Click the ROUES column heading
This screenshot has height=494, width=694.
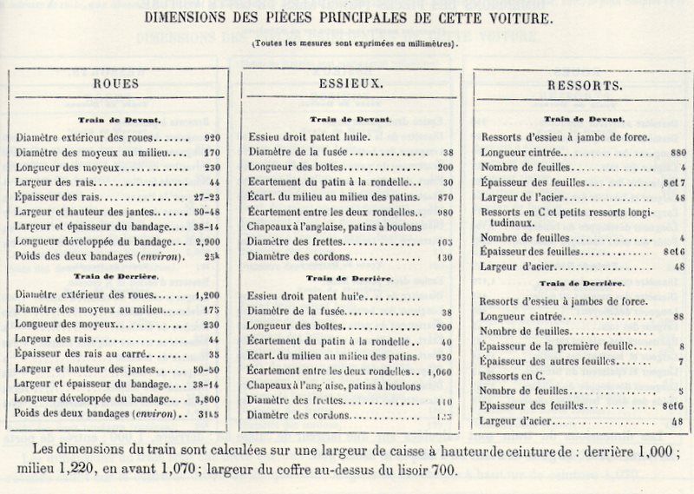point(117,84)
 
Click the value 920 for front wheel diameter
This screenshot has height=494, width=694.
point(212,137)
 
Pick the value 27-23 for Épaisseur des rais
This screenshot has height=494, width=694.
point(207,197)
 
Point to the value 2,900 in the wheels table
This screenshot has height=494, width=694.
point(207,241)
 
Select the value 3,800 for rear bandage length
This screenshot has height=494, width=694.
point(207,399)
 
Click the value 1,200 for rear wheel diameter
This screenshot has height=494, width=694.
point(207,294)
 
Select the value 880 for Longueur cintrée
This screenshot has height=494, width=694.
point(678,152)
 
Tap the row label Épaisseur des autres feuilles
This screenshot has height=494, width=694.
point(550,361)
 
